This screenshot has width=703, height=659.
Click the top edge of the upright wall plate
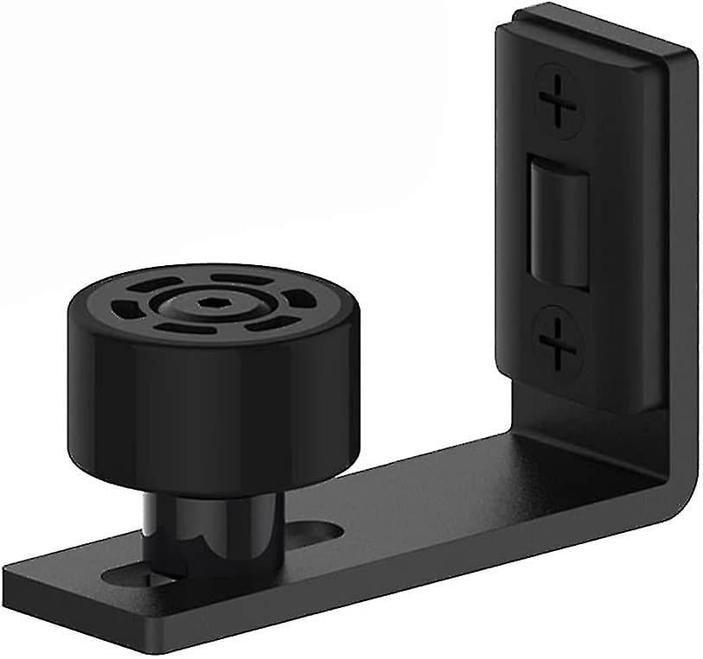point(597,31)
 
